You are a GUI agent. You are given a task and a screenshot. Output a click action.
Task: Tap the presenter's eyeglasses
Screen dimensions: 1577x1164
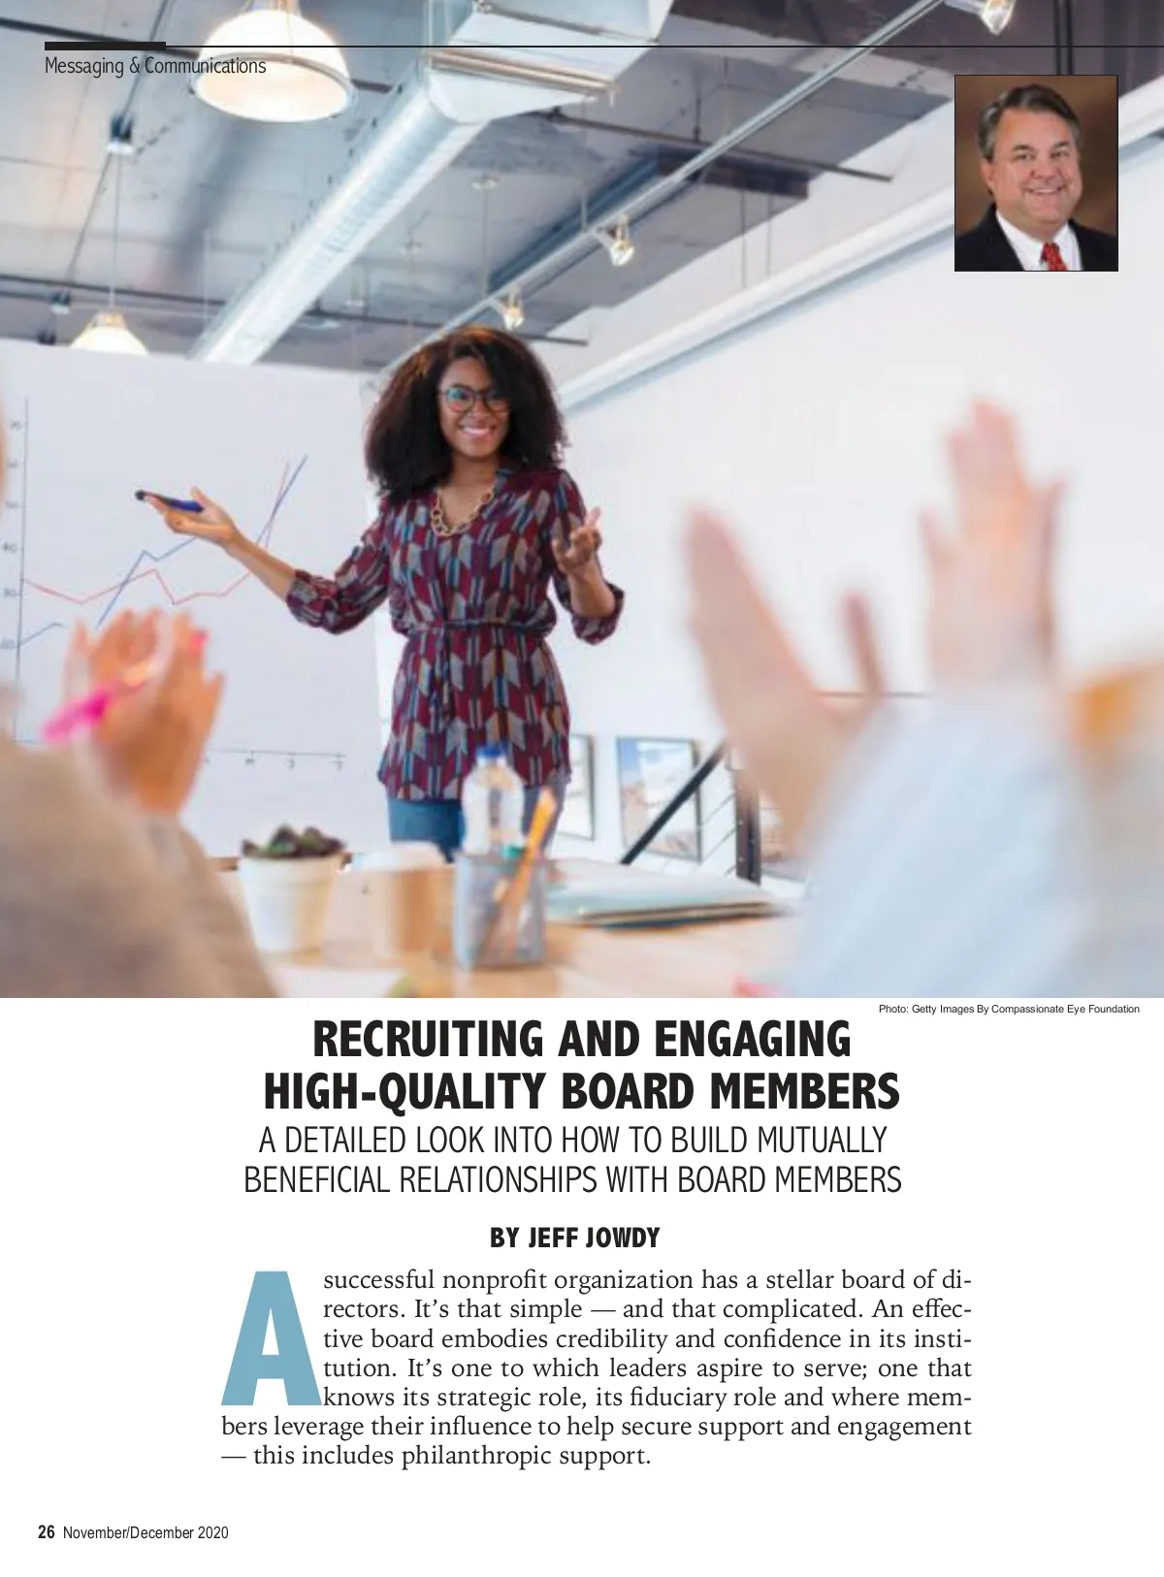click(473, 399)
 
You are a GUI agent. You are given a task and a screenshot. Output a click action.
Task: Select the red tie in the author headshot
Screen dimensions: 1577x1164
click(1054, 256)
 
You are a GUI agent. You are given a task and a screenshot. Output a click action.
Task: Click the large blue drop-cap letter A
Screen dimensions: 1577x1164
click(270, 1339)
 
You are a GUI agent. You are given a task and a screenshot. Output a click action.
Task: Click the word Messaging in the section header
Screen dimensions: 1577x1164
click(83, 66)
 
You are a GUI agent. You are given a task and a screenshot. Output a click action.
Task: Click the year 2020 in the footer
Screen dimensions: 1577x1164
click(213, 1532)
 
